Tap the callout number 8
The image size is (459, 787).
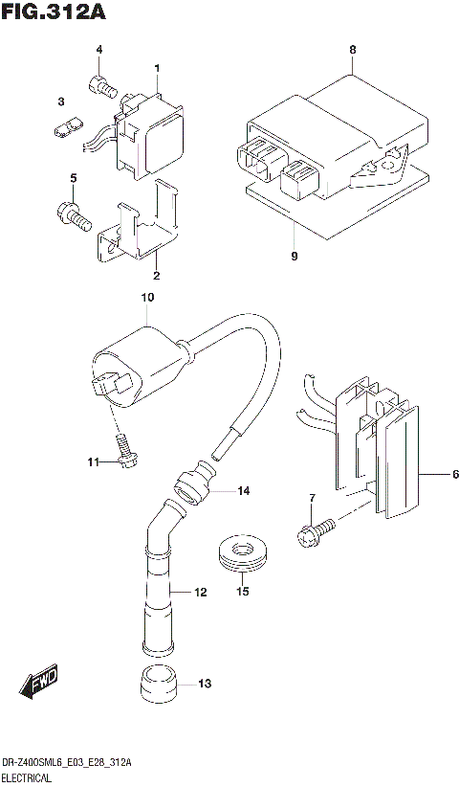352,49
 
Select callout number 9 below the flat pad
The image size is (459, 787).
295,256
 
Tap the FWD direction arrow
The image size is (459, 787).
40,684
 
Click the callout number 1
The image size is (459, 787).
158,66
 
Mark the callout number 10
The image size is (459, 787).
146,299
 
